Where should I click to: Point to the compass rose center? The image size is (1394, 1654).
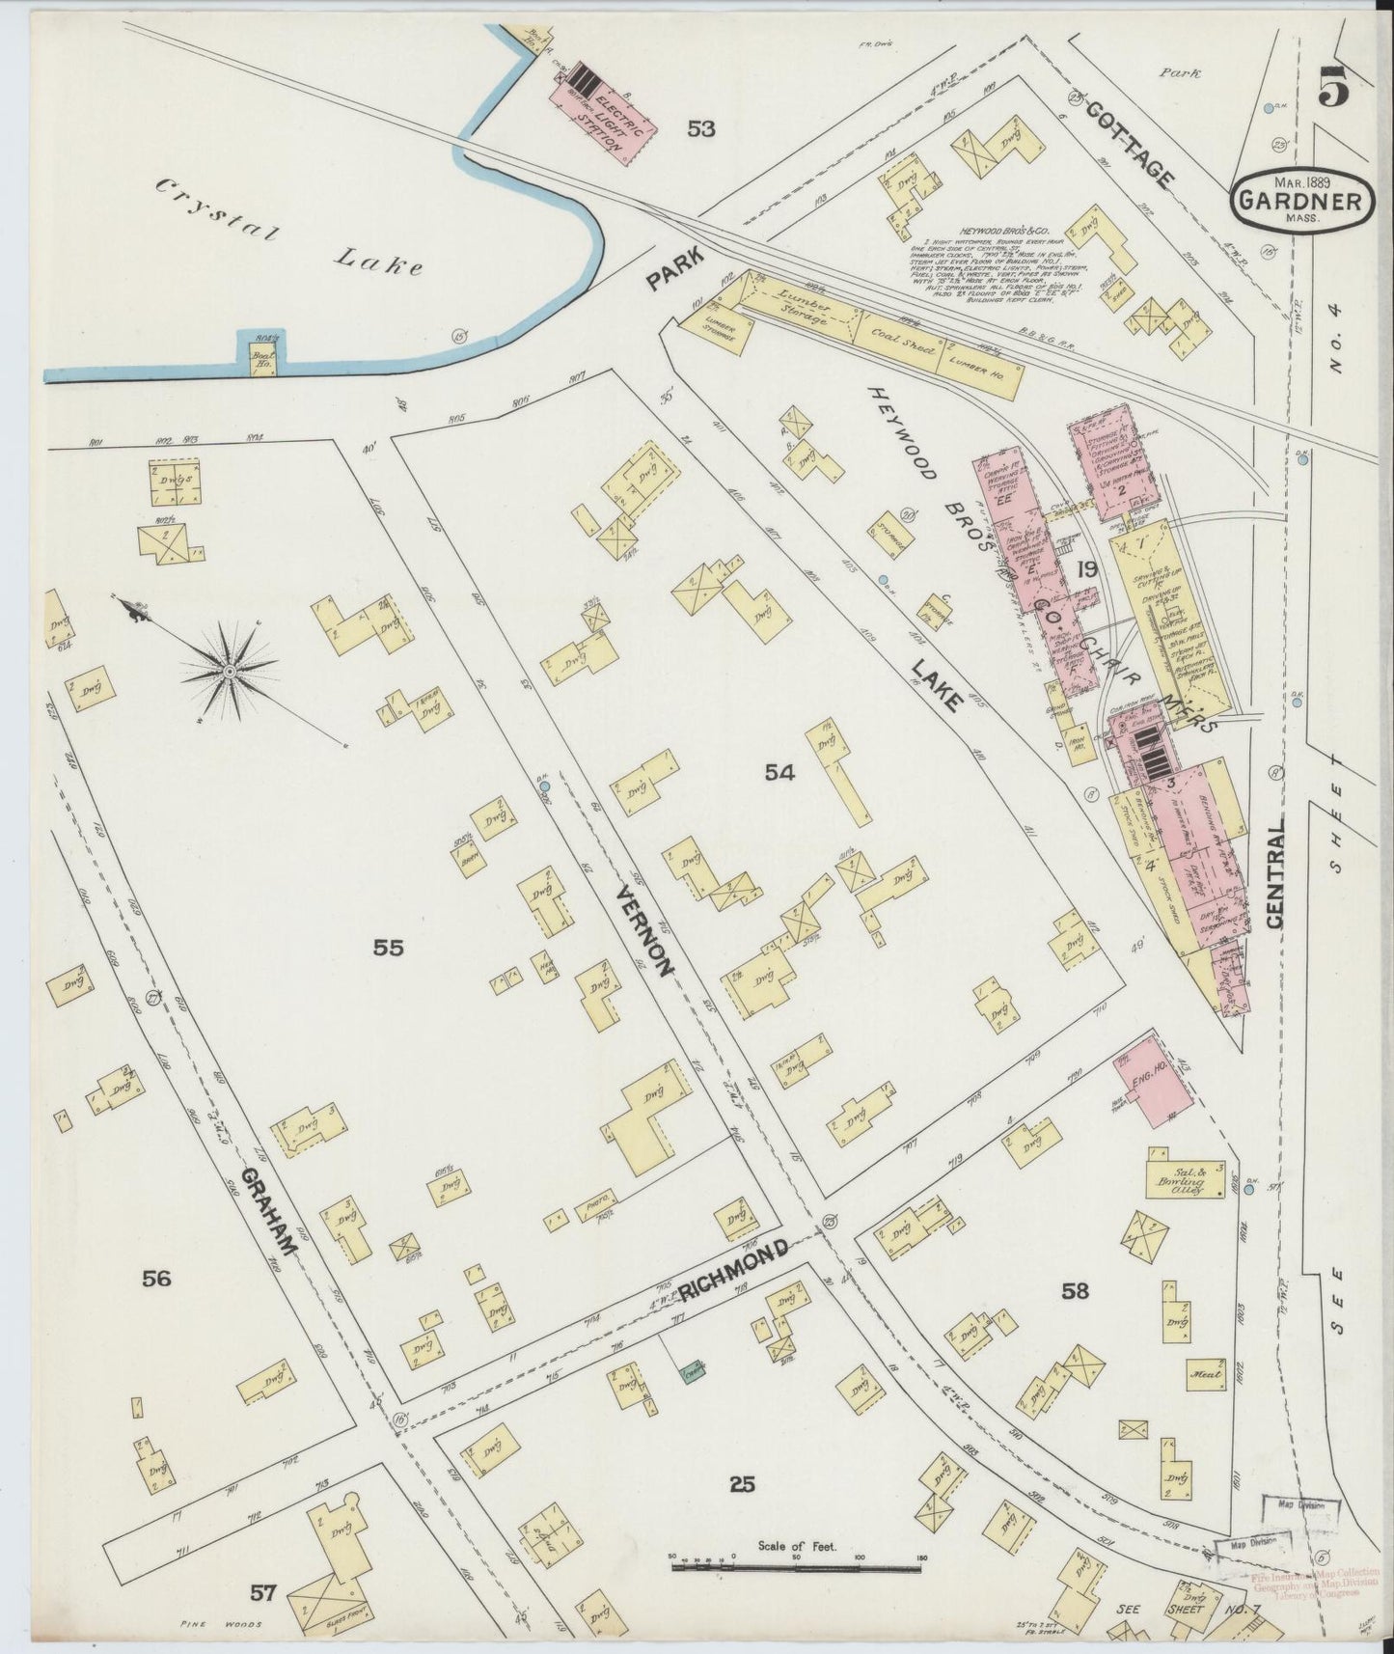point(230,671)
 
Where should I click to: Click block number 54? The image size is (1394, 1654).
point(779,772)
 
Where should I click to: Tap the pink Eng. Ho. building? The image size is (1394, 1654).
point(1152,1082)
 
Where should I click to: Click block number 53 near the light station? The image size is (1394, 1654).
point(701,127)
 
